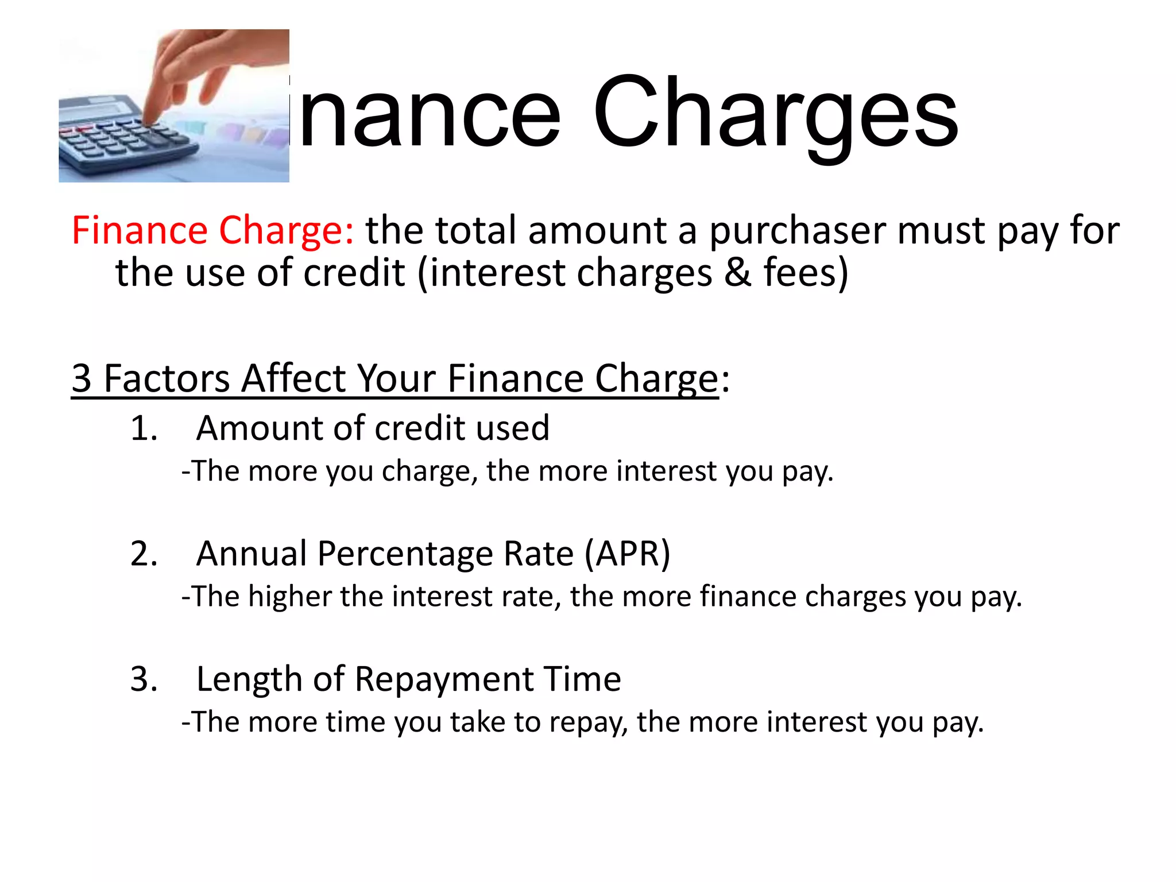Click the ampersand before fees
737,272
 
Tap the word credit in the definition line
354,272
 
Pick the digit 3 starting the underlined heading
82,378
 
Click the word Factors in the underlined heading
167,378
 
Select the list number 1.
144,428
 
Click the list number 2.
144,554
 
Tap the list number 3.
144,679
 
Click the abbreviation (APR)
628,554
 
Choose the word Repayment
443,679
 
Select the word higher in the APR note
289,596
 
